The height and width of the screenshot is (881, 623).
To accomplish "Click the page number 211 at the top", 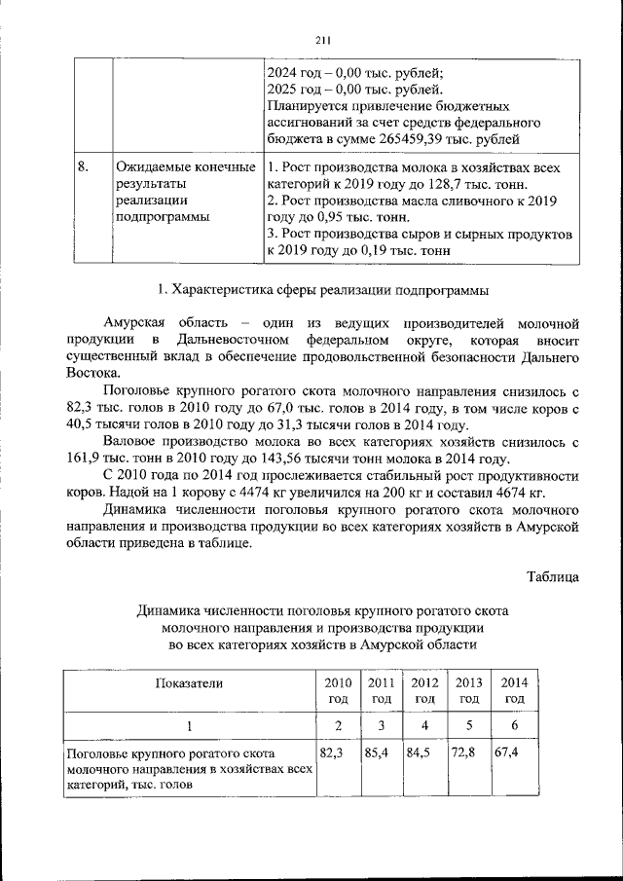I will point(324,40).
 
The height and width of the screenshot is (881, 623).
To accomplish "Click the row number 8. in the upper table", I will point(85,167).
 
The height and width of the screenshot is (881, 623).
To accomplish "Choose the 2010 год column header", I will point(338,690).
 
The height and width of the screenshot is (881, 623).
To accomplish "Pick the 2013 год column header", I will point(469,690).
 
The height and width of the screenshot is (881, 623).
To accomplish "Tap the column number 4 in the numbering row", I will point(424,725).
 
